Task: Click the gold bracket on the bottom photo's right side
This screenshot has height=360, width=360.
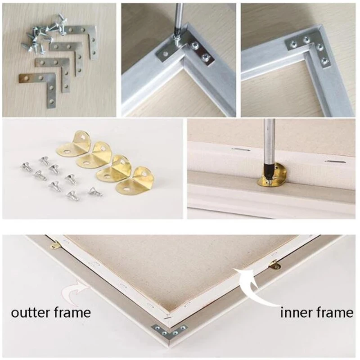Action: (x=274, y=264)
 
